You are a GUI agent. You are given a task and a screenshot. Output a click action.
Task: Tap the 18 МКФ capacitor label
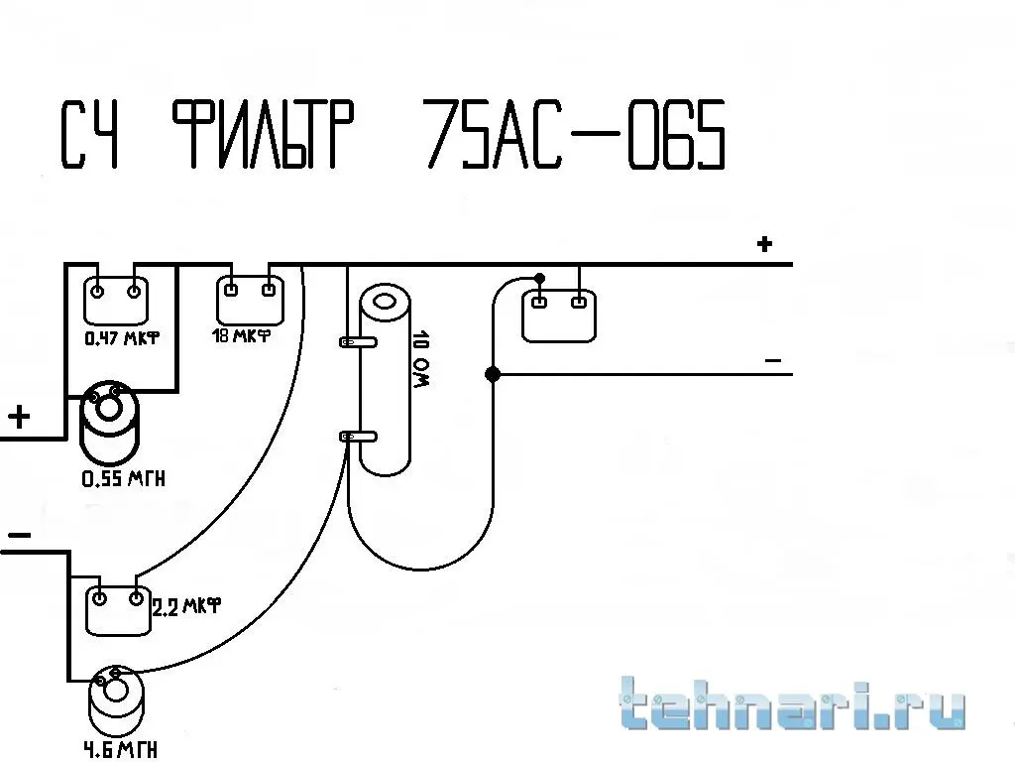pyautogui.click(x=242, y=335)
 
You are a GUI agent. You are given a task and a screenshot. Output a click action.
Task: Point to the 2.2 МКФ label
pyautogui.click(x=185, y=604)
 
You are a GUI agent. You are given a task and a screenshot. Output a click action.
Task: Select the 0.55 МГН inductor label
pyautogui.click(x=123, y=479)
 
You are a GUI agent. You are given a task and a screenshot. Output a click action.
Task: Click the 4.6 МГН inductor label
pyautogui.click(x=121, y=748)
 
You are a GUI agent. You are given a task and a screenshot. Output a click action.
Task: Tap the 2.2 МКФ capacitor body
pyautogui.click(x=117, y=609)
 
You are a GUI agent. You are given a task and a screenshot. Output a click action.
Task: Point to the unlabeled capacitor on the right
pyautogui.click(x=557, y=315)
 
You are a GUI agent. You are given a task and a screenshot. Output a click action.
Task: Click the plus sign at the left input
pyautogui.click(x=19, y=417)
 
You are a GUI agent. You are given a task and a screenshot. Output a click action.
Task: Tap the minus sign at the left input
pyautogui.click(x=19, y=537)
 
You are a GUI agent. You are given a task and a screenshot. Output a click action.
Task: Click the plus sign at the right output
pyautogui.click(x=764, y=243)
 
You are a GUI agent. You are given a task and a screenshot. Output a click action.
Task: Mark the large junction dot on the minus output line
pyautogui.click(x=493, y=374)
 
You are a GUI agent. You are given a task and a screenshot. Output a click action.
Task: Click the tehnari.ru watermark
pyautogui.click(x=792, y=705)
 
